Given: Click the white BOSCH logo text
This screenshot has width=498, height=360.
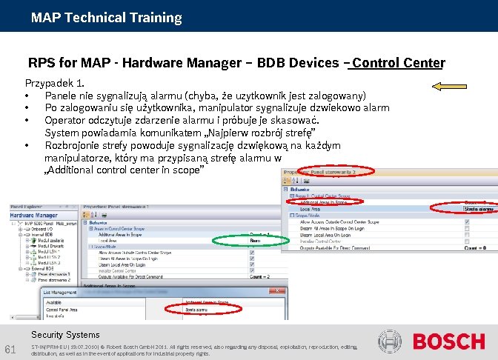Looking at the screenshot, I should (448, 341).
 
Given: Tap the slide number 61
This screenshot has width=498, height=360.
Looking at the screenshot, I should (11, 350).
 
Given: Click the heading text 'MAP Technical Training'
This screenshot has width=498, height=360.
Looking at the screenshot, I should (106, 17).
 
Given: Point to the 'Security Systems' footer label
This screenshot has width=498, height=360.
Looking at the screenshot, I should (65, 335).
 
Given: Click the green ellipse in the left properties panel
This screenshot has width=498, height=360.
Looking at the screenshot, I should (242, 240).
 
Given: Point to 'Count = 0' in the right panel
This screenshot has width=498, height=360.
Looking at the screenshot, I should (475, 247).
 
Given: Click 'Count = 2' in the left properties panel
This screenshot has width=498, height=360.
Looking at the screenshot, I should (257, 276).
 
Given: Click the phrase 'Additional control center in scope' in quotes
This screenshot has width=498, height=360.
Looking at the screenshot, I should (123, 170).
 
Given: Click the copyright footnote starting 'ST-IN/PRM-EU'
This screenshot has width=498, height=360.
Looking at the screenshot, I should (193, 350).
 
